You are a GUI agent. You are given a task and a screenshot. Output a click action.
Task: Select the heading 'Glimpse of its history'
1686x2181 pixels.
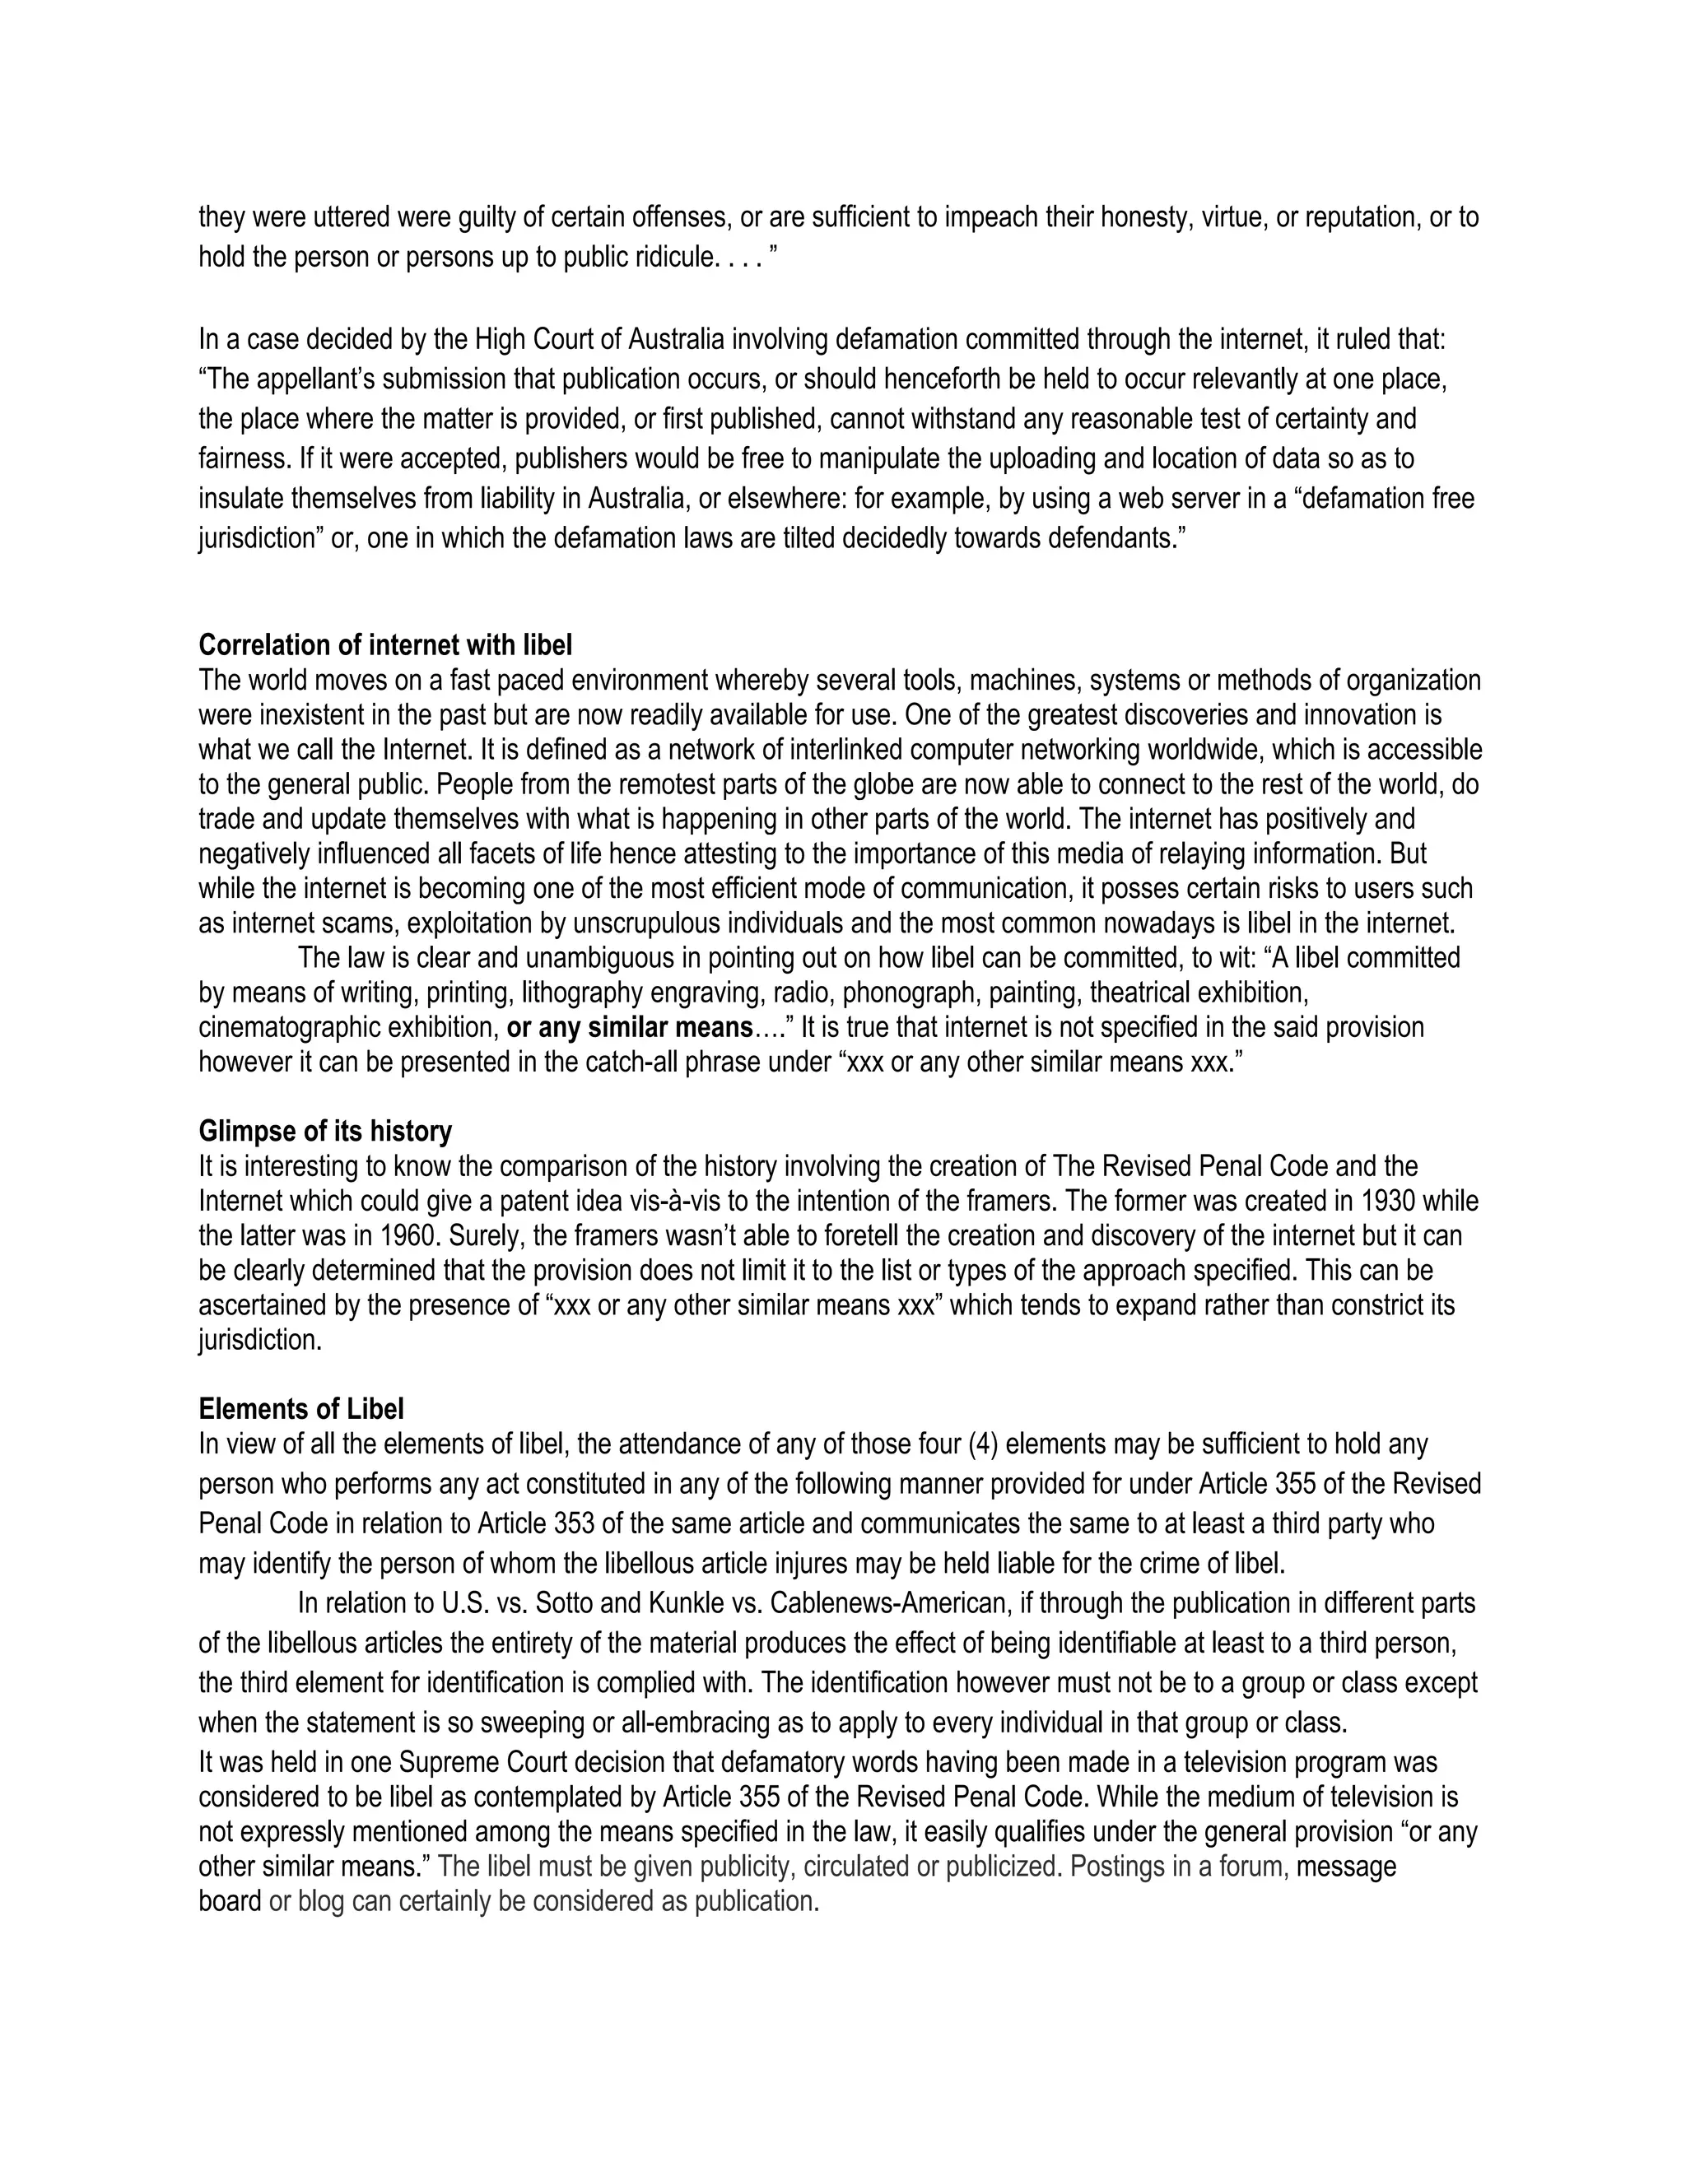pos(324,1132)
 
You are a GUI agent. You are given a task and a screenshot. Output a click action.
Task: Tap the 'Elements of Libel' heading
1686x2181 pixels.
pos(300,1409)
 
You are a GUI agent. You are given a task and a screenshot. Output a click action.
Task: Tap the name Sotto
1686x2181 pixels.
pos(566,1604)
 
